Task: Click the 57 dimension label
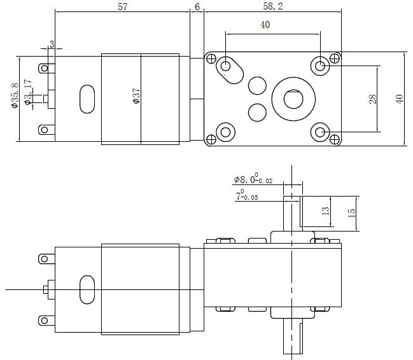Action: pos(122,7)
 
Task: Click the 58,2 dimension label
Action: pos(273,6)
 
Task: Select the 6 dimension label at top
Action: pos(197,7)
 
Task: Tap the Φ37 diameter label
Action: pos(136,96)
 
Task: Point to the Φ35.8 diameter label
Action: pos(15,95)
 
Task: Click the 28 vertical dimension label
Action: pos(372,99)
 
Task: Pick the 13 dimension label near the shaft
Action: pos(326,211)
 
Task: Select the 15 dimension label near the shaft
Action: pos(351,213)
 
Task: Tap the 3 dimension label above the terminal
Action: pos(52,44)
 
